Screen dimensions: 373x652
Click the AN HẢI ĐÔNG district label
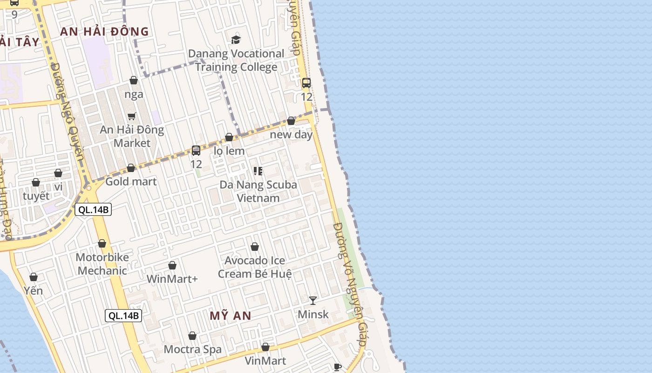[105, 32]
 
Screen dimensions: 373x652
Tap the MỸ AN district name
[230, 316]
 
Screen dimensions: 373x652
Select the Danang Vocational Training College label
[236, 60]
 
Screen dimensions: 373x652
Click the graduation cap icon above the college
[236, 40]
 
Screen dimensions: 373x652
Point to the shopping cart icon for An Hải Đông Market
[132, 116]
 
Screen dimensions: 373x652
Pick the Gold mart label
[131, 181]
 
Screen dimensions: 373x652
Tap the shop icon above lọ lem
[229, 137]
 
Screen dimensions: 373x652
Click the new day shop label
[292, 135]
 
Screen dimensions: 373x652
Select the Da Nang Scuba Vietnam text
[258, 191]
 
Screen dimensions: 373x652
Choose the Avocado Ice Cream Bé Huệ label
[255, 267]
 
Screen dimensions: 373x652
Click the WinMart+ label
[172, 279]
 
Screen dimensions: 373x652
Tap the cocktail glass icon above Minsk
[313, 301]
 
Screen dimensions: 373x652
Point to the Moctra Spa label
[192, 349]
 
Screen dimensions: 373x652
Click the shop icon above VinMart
[265, 347]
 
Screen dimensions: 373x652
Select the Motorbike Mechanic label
[102, 264]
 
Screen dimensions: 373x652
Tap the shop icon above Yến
[34, 277]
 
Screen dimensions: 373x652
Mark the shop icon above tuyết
[36, 182]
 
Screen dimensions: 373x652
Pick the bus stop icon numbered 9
[14, 3]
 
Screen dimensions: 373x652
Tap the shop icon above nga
[134, 80]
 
